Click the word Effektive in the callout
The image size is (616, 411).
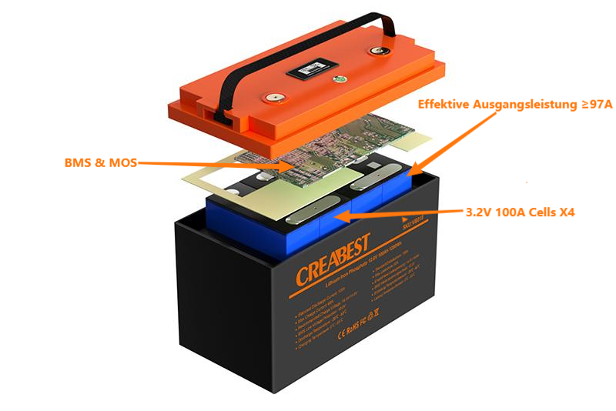[446, 104]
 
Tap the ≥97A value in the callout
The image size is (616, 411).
[594, 104]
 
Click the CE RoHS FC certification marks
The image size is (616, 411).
[350, 322]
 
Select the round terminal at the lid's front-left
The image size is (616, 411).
[271, 99]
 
